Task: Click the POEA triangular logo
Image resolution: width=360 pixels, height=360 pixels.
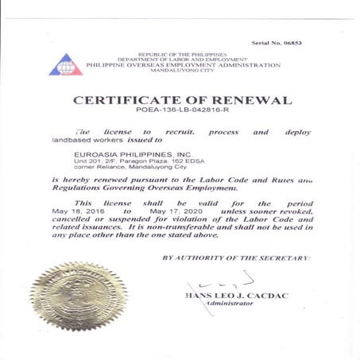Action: pos(65,65)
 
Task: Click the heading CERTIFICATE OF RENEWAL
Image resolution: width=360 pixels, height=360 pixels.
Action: pos(182,100)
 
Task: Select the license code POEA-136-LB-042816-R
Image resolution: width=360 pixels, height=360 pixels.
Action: pos(181,113)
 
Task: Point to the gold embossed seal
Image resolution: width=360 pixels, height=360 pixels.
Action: pos(79,296)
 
